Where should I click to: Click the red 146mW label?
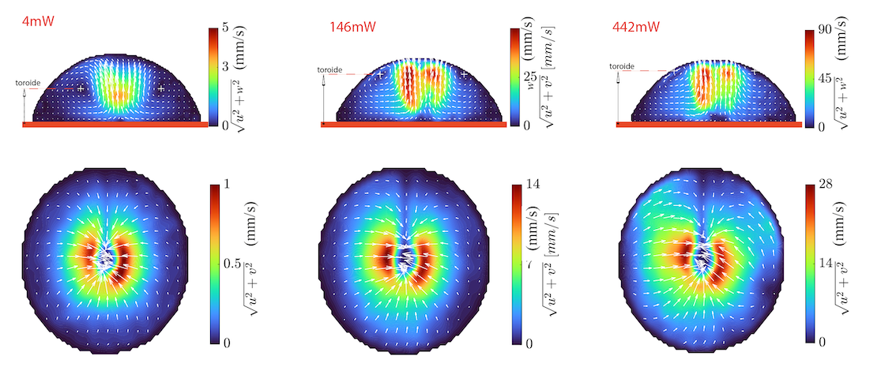click(x=352, y=27)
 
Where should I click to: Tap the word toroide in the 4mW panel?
click(x=27, y=82)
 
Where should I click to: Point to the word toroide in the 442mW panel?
click(x=622, y=66)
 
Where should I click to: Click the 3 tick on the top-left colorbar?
click(x=225, y=67)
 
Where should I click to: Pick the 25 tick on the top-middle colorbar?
click(x=533, y=77)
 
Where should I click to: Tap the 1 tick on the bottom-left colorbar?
click(x=226, y=185)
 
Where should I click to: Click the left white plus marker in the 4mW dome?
click(x=81, y=88)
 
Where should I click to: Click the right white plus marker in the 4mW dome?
click(x=161, y=88)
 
